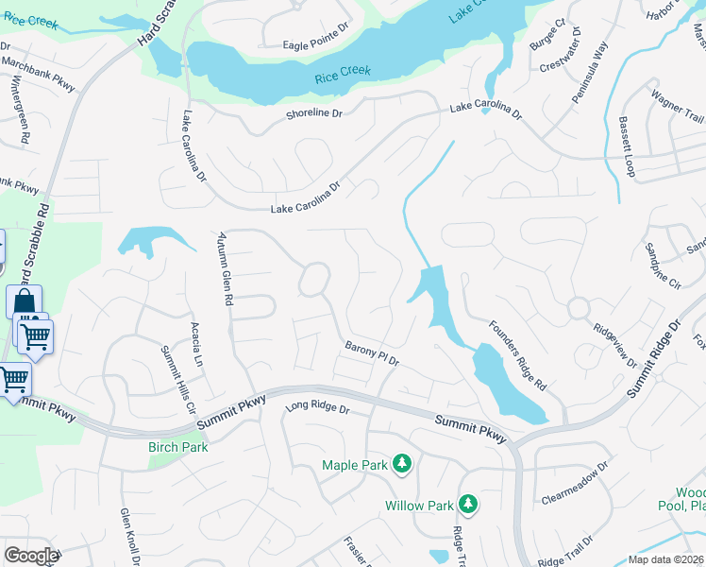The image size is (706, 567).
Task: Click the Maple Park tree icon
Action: click(x=403, y=463)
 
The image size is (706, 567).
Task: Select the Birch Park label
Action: click(x=177, y=447)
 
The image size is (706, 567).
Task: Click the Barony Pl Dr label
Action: click(x=373, y=354)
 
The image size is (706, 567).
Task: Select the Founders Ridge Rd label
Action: click(x=517, y=355)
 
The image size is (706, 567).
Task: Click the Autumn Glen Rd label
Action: click(x=225, y=268)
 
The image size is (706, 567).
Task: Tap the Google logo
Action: click(x=31, y=555)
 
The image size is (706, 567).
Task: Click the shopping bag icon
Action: click(x=24, y=302)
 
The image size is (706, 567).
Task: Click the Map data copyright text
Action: click(x=665, y=558)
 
